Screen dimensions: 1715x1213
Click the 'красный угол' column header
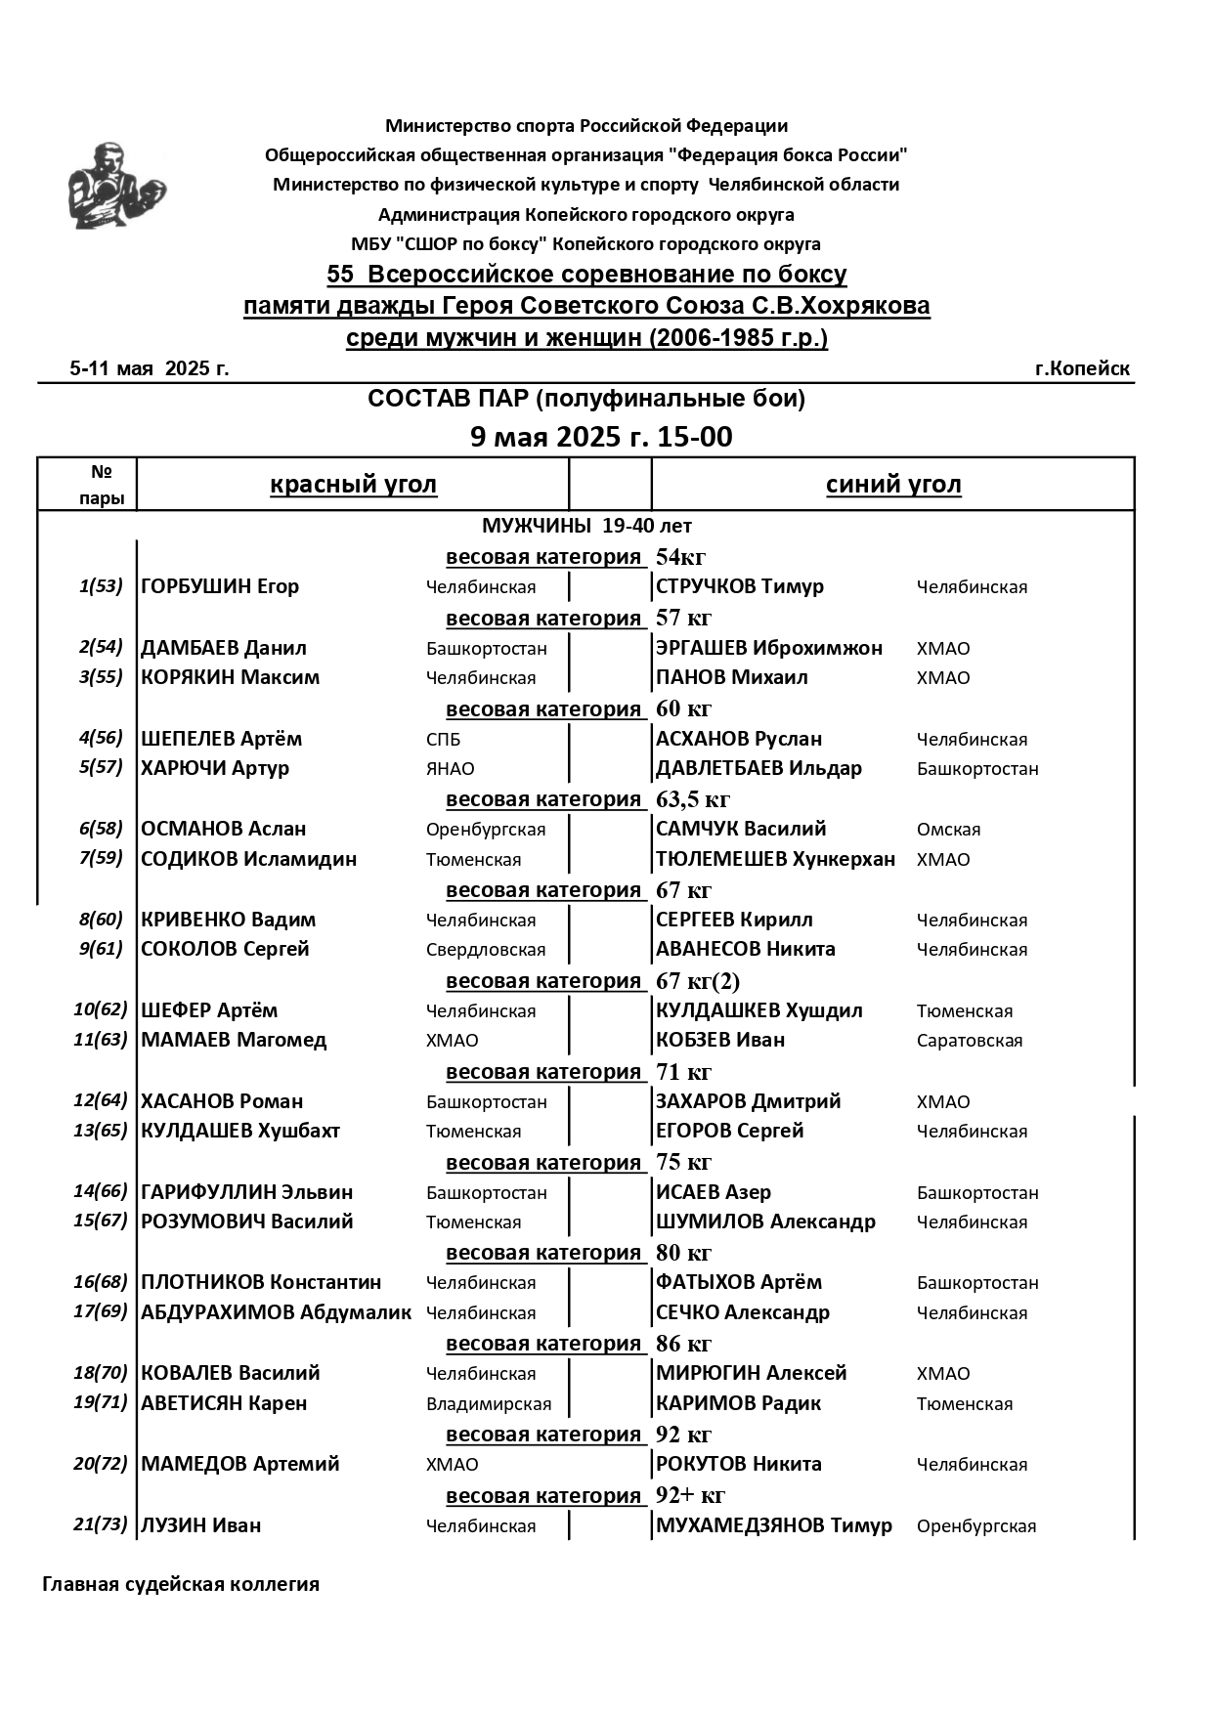353,485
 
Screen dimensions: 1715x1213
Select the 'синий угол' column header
892,485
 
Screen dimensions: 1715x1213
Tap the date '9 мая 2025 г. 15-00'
600,437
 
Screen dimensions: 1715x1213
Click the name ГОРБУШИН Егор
220,586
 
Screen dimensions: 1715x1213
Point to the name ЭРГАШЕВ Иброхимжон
768,648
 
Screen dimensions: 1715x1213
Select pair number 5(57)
101,767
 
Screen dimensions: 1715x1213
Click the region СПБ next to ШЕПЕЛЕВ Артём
443,740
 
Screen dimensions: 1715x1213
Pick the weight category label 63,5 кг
692,799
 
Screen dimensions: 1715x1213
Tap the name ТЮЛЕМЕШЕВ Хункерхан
775,859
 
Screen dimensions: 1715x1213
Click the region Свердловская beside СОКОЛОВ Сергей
485,950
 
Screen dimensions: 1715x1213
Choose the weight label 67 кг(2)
697,981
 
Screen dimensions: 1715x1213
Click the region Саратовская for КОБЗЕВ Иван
969,1041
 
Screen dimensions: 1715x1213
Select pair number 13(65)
101,1130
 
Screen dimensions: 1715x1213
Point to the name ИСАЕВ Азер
713,1192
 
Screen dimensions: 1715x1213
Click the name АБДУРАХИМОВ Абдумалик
276,1312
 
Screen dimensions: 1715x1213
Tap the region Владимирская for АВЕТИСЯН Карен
488,1404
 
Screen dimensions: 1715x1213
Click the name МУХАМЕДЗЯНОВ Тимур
773,1525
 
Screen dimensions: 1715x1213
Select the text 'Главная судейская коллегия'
181,1584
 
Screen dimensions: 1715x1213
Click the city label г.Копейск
1081,368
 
